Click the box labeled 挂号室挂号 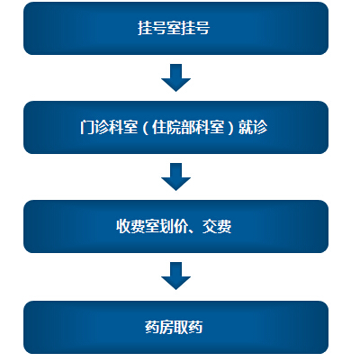point(175,28)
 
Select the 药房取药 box point(175,327)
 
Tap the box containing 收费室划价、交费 point(175,226)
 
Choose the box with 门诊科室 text point(175,127)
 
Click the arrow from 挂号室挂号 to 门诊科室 point(175,77)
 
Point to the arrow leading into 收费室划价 point(175,176)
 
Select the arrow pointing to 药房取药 point(175,276)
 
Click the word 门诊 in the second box point(94,127)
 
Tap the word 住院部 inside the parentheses point(174,127)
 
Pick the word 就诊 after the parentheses point(253,127)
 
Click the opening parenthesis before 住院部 point(145,128)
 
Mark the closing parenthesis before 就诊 point(230,128)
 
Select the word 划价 point(174,226)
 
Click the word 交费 point(217,226)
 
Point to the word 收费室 point(138,226)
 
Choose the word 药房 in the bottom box point(159,327)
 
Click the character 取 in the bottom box point(181,327)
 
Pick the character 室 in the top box point(174,28)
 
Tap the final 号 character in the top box point(202,28)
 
